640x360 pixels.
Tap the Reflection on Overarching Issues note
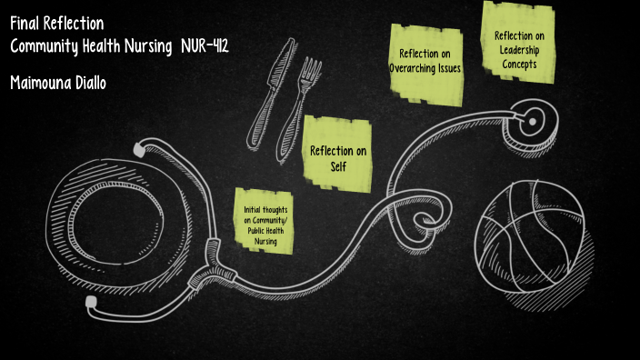click(425, 60)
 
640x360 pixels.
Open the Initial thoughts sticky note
click(265, 221)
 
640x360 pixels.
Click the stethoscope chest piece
click(533, 117)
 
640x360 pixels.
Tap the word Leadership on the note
click(519, 50)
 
